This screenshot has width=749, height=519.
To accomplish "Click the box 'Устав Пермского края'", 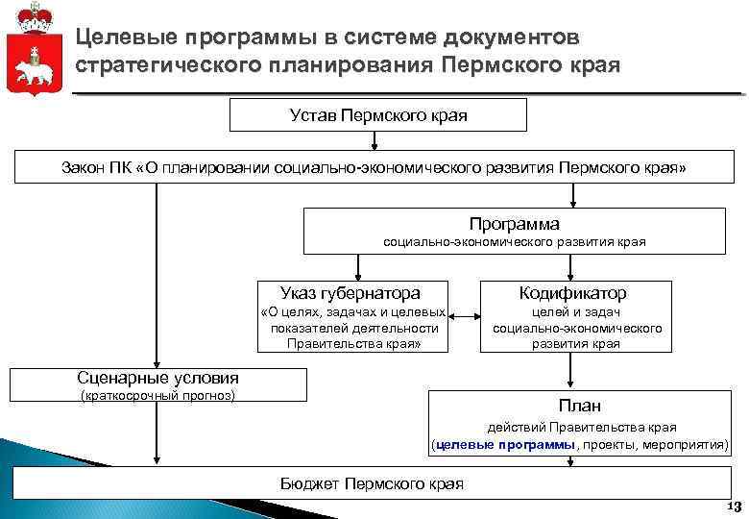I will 377,115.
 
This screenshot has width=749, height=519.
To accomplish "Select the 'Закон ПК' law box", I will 374,168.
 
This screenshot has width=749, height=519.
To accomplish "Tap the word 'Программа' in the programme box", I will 514,223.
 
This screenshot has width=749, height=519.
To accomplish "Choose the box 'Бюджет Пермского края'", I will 372,483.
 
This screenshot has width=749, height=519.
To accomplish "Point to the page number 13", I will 735,507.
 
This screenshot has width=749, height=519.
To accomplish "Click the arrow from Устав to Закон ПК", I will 374,141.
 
